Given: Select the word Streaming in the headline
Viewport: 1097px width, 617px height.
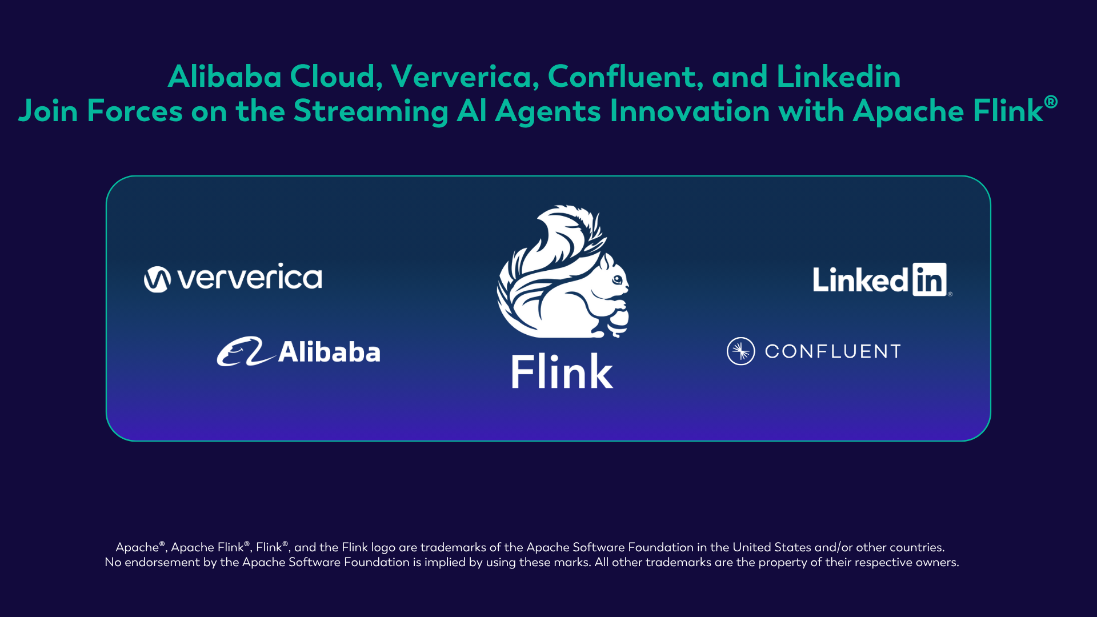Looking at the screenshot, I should [370, 111].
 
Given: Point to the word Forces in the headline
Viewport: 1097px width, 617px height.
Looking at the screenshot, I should [135, 111].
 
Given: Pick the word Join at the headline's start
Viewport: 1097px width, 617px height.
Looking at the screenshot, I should [48, 111].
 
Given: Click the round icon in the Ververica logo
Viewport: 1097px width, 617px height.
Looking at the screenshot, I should [157, 279].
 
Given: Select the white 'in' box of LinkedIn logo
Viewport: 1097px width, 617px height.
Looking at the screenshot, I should [929, 279].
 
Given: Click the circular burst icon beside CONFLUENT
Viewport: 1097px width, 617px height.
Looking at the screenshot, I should [740, 351].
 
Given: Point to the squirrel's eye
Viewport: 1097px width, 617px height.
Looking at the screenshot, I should [617, 280].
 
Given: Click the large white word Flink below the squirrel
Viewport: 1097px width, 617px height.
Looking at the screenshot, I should [562, 372].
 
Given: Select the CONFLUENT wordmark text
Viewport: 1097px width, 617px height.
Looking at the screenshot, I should [832, 351].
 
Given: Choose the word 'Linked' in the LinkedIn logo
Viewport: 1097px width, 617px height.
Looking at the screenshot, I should [860, 280].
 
